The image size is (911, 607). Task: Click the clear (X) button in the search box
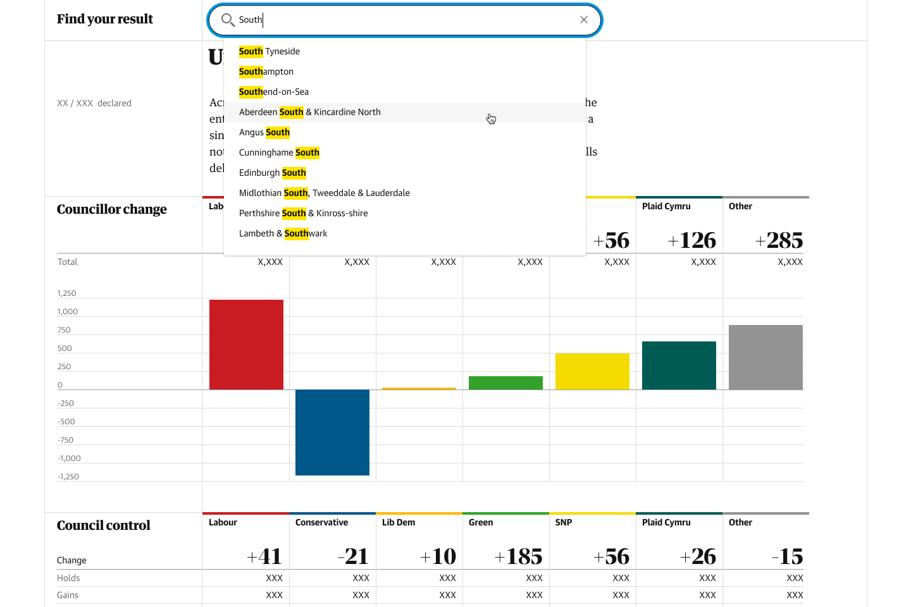point(584,20)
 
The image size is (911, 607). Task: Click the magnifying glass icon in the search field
point(228,20)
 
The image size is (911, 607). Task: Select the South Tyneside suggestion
point(270,51)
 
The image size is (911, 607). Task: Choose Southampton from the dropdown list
point(266,71)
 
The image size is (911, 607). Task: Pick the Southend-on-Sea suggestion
point(274,92)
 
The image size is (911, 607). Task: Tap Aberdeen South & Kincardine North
point(310,112)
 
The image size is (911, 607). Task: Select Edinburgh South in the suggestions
point(273,173)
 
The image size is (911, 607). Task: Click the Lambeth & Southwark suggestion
point(283,233)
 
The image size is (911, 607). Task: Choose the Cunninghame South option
point(279,152)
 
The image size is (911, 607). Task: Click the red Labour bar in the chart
point(246,345)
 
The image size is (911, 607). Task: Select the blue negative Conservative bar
point(332,432)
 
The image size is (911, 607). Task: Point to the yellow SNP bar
point(592,372)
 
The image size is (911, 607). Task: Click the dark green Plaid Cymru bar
point(679,365)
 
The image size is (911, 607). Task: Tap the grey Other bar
point(765,357)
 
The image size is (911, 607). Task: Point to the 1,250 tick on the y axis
point(66,293)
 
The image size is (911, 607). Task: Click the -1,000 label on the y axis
point(69,458)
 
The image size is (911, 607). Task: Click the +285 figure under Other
point(779,240)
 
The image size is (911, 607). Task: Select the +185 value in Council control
point(519,556)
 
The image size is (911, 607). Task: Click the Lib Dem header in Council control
point(399,522)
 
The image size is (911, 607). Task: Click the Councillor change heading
point(112,209)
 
